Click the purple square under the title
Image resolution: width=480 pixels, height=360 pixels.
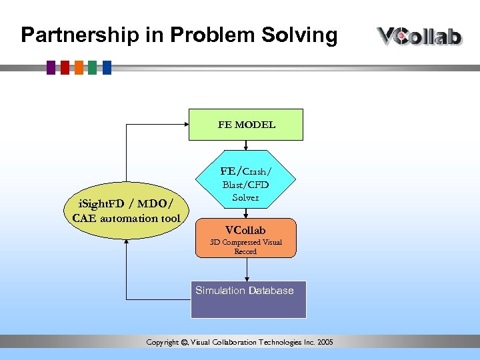(x=51, y=67)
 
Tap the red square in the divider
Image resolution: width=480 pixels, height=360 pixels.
(x=65, y=67)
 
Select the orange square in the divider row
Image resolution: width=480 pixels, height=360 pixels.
(x=79, y=67)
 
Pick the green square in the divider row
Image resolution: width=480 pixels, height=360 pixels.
(x=93, y=67)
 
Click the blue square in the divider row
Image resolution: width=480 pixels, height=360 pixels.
(x=107, y=67)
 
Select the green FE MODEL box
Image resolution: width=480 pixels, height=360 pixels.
(x=246, y=125)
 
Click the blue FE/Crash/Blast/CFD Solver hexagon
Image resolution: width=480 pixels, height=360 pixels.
(x=246, y=179)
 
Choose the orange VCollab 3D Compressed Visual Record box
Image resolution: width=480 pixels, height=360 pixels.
(x=245, y=238)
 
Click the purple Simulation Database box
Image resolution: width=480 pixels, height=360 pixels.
(x=248, y=300)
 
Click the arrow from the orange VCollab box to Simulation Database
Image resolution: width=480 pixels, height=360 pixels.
(x=247, y=269)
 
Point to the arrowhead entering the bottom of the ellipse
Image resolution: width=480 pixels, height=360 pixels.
(x=126, y=243)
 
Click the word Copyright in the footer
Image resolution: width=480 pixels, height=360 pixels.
(x=163, y=343)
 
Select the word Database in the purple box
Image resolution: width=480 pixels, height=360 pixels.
(x=271, y=291)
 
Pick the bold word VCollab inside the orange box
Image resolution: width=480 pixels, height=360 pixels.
(x=245, y=230)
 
